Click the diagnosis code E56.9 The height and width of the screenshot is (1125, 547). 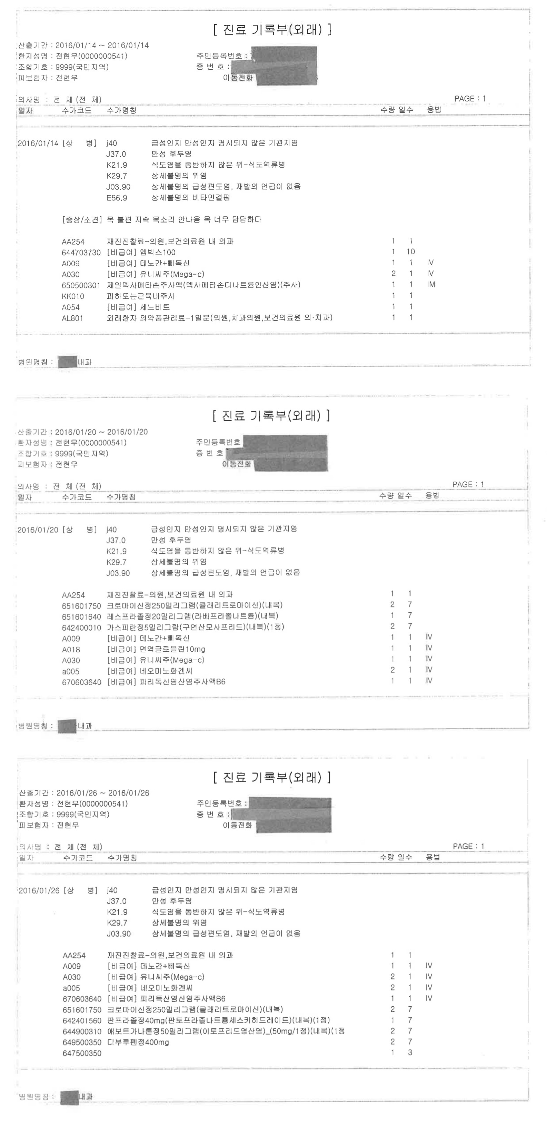coord(117,198)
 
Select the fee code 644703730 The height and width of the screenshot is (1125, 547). coord(81,253)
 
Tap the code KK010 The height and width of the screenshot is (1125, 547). coord(72,296)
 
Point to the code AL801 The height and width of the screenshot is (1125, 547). coord(72,318)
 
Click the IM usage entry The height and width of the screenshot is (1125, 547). coord(431,284)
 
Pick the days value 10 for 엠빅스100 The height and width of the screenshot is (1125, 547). coord(410,251)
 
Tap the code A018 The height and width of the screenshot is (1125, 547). coord(71,649)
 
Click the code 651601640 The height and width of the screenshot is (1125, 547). coord(81,616)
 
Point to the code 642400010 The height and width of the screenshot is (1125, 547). coord(81,628)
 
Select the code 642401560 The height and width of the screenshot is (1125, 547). coord(82,1020)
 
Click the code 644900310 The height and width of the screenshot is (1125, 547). coord(82,1031)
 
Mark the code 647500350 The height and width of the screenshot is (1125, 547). coord(82,1053)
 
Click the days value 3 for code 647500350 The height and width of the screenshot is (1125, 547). coord(410,1053)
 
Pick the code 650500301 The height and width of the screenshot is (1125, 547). coord(81,285)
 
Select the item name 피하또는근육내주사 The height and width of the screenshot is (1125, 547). coord(141,296)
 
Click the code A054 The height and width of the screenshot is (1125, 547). coord(71,307)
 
